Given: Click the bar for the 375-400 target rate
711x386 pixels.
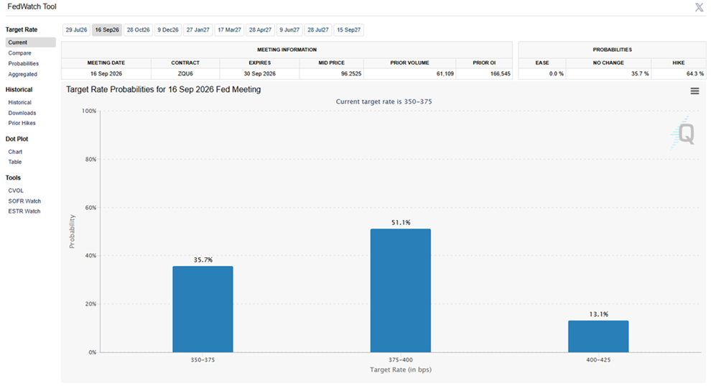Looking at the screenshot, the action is click(x=401, y=290).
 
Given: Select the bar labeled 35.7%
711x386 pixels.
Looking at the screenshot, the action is click(x=203, y=309).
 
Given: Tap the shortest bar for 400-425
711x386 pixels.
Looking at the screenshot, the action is click(x=598, y=336).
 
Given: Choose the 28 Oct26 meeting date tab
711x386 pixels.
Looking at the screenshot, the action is click(x=139, y=30).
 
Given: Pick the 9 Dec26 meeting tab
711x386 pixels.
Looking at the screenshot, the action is click(x=168, y=30).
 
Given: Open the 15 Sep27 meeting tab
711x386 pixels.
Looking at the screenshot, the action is click(x=349, y=30).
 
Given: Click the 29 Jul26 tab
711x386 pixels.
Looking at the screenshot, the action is click(x=76, y=30).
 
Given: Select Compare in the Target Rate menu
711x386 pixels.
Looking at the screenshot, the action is click(x=19, y=53).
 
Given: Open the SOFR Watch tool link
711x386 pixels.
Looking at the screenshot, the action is click(x=24, y=201).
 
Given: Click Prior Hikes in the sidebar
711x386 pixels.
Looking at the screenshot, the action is click(x=22, y=123).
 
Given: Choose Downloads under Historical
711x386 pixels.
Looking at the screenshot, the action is click(x=22, y=113).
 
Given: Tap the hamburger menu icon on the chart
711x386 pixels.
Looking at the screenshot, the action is click(x=694, y=91).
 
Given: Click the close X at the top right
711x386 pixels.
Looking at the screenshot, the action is click(x=700, y=7).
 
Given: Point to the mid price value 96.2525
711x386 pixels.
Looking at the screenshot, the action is click(x=351, y=73).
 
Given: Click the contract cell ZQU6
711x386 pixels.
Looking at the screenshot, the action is click(x=185, y=73).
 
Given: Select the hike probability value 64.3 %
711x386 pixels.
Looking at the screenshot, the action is click(x=694, y=73).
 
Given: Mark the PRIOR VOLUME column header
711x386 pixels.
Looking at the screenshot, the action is click(x=409, y=63).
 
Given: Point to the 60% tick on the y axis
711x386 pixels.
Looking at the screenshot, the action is click(x=90, y=208).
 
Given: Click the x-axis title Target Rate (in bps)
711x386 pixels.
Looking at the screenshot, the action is click(x=401, y=369).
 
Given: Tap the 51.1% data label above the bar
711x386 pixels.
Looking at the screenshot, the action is click(x=401, y=222).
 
